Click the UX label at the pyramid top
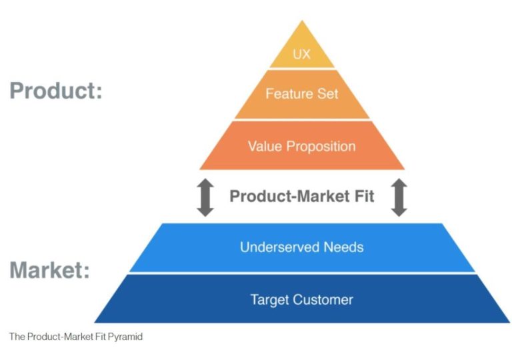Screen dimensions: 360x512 pyautogui.click(x=302, y=54)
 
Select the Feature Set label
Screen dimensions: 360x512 pyautogui.click(x=302, y=93)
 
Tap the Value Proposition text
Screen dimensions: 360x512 pyautogui.click(x=302, y=146)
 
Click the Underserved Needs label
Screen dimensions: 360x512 pyautogui.click(x=302, y=247)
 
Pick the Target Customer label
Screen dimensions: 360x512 pyautogui.click(x=302, y=299)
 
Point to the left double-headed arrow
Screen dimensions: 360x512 pyautogui.click(x=205, y=197)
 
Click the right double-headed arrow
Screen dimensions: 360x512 pyautogui.click(x=399, y=197)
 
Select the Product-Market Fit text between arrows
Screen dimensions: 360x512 pyautogui.click(x=302, y=196)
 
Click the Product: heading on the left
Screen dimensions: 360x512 pyautogui.click(x=56, y=90)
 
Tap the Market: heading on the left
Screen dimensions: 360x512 pyautogui.click(x=50, y=271)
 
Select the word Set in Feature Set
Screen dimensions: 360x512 pyautogui.click(x=327, y=93)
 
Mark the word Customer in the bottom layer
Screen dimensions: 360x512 pyautogui.click(x=323, y=299)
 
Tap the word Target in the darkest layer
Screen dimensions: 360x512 pyautogui.click(x=269, y=299)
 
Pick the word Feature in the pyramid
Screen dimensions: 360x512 pyautogui.click(x=288, y=93)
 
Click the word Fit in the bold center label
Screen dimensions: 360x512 pyautogui.click(x=361, y=196)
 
